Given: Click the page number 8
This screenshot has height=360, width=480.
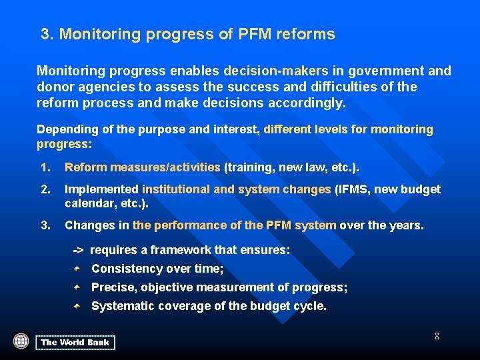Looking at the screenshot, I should (437, 336).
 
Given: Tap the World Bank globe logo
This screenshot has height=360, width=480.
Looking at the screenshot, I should (21, 341).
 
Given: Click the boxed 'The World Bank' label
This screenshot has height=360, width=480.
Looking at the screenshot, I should (75, 343).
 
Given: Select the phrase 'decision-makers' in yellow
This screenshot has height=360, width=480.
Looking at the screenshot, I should (275, 71).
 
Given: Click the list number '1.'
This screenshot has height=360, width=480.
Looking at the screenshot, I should (45, 167).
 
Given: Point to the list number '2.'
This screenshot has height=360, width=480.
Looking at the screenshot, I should (45, 189).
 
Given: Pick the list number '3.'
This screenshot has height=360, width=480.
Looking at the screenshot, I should (45, 225).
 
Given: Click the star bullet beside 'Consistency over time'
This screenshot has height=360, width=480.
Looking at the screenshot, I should (78, 268).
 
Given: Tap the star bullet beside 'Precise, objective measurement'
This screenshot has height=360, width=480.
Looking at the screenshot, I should (78, 287).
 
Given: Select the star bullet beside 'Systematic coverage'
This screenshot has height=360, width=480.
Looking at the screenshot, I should (78, 306).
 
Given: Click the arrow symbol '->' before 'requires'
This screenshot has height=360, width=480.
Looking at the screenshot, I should (78, 250).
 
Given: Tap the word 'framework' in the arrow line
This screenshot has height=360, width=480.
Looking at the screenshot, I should (176, 250).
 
